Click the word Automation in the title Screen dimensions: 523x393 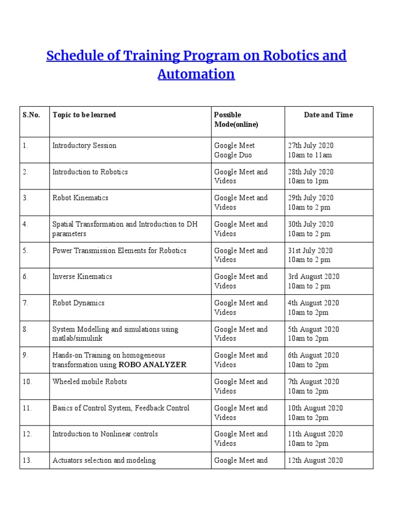point(196,74)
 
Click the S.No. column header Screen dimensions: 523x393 point(31,115)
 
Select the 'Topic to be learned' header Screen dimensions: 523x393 point(84,115)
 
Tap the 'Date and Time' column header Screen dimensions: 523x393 point(328,115)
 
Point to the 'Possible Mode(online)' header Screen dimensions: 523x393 point(236,120)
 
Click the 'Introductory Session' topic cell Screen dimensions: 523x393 point(84,146)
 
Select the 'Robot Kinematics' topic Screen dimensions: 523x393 point(80,198)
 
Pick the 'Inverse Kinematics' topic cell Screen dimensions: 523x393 point(82,277)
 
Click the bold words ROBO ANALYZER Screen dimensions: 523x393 point(152,365)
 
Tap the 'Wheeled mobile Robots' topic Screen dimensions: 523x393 point(90,382)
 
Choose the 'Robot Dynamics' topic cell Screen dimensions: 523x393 point(78,303)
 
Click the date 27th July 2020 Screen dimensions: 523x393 point(311,146)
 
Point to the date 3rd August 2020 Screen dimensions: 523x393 point(313,277)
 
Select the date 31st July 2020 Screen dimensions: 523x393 point(310,251)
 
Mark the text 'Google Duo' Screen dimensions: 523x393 point(233,155)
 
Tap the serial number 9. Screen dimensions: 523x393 point(26,355)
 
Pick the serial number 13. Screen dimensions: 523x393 point(27,461)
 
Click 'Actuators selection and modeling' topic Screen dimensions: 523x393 point(104,461)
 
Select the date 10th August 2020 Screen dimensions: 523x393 point(315,408)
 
